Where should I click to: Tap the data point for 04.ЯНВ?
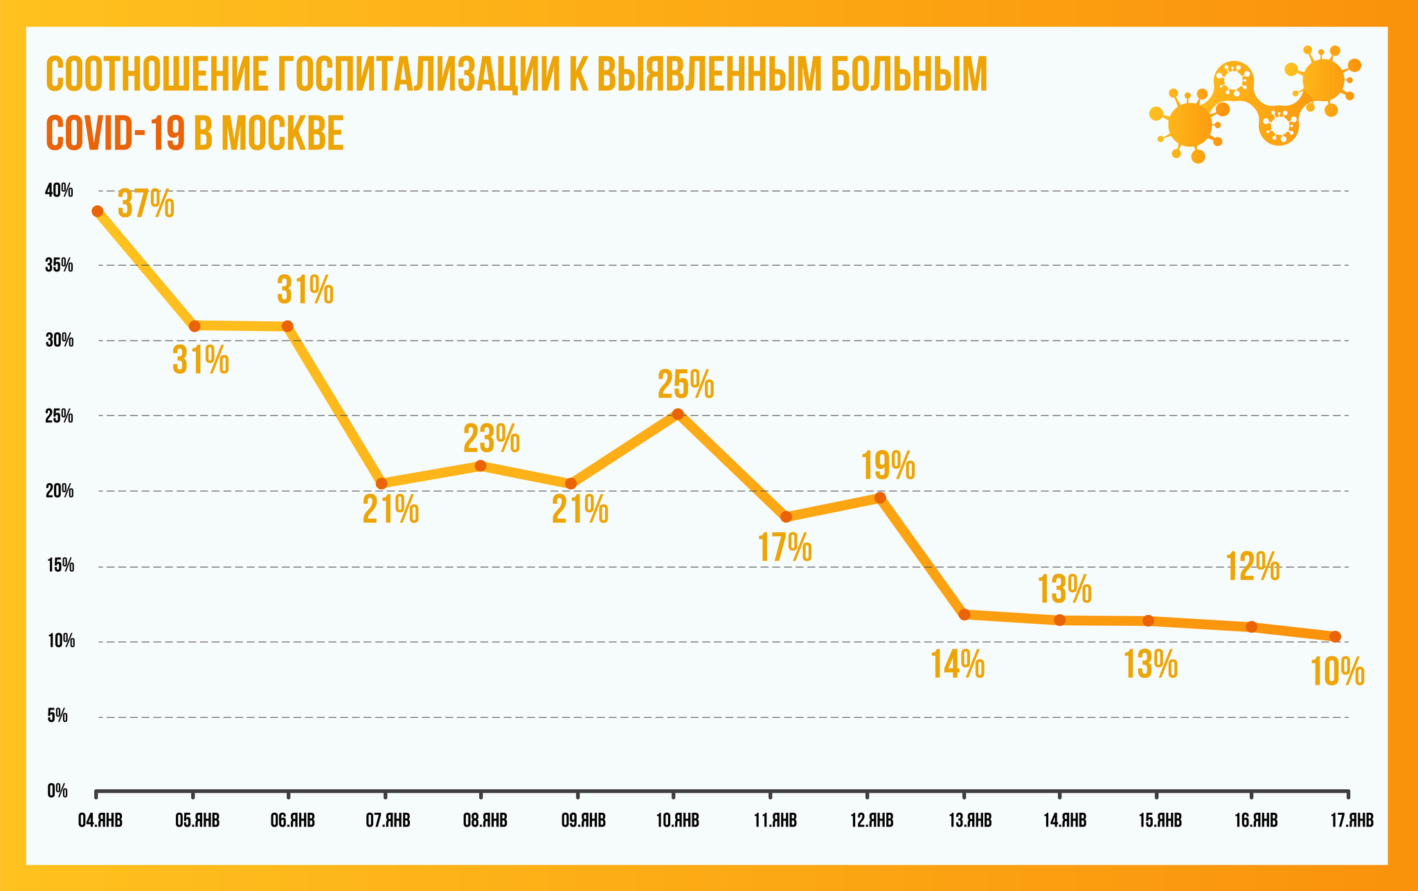tap(98, 211)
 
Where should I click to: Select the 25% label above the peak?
tap(685, 385)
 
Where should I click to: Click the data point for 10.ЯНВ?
tap(679, 414)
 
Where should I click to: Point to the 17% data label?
tap(784, 548)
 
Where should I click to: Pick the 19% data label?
tap(888, 465)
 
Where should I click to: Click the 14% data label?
tap(958, 665)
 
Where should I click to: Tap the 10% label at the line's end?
tap(1338, 672)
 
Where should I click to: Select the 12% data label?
tap(1253, 566)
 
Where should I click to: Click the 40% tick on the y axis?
tap(60, 190)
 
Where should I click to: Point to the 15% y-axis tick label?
tap(61, 566)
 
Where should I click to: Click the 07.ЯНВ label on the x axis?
tap(388, 821)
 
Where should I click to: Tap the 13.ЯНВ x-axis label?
tap(969, 821)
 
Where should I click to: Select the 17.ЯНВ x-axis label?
tap(1350, 821)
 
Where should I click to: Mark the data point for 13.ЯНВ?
tap(964, 614)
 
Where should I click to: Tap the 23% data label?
tap(491, 438)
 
